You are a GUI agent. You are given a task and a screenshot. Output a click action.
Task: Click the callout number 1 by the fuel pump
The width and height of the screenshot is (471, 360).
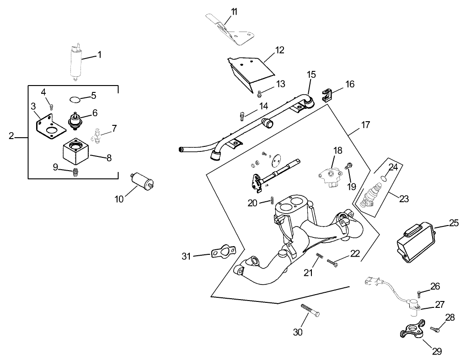[99, 54]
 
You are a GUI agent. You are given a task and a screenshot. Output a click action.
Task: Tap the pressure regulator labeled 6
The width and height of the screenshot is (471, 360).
[74, 121]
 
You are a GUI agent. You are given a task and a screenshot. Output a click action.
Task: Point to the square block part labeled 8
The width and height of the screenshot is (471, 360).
[75, 153]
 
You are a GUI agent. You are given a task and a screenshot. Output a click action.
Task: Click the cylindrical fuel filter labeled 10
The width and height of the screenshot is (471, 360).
[142, 181]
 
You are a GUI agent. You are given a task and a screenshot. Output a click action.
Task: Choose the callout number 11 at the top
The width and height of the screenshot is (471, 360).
[234, 12]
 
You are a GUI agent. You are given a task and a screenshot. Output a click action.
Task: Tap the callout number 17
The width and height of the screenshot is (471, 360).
[365, 125]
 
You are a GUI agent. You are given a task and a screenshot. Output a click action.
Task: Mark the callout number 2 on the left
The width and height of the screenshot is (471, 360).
[12, 136]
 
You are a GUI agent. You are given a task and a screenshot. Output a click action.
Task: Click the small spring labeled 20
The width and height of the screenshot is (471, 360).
[273, 200]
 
